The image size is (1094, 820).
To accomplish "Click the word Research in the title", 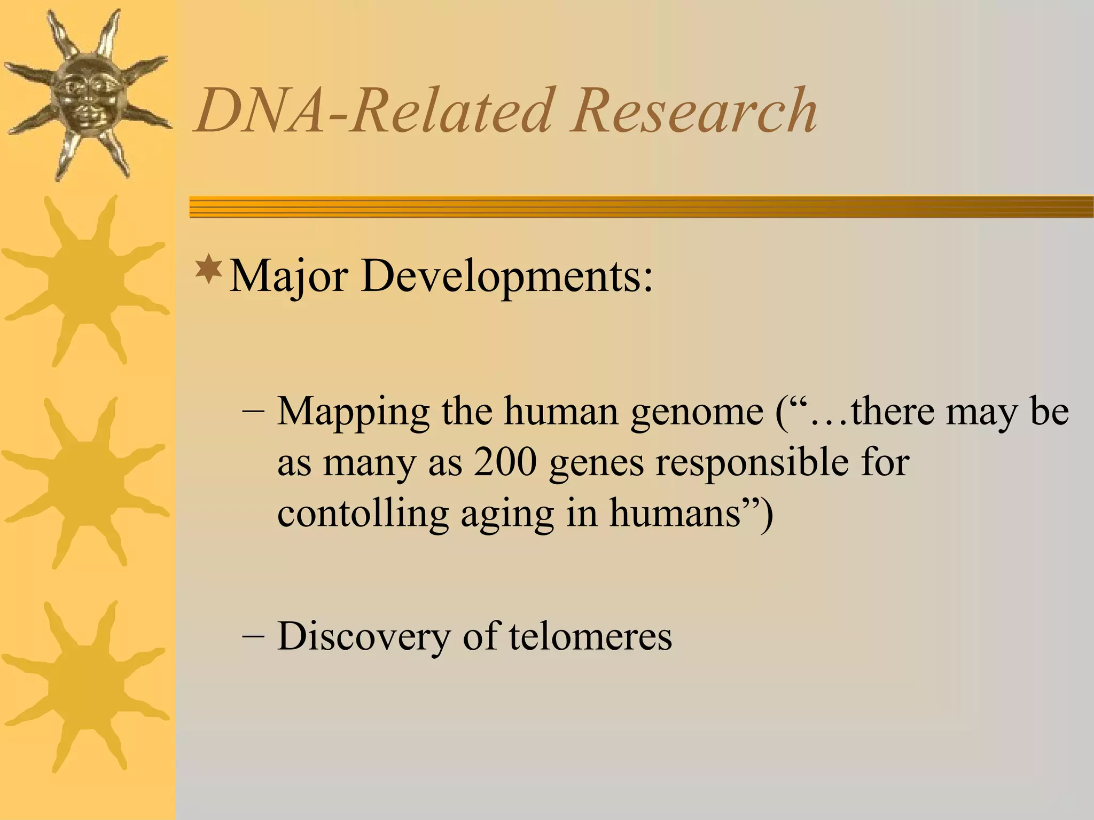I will coord(692,111).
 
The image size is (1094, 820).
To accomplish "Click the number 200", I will coord(505,462).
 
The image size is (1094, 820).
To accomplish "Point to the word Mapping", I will coord(353,412).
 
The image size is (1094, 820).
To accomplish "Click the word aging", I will coord(507,514).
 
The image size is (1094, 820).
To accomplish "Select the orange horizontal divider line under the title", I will coord(641,207).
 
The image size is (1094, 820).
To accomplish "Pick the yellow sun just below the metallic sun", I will coord(85,280).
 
